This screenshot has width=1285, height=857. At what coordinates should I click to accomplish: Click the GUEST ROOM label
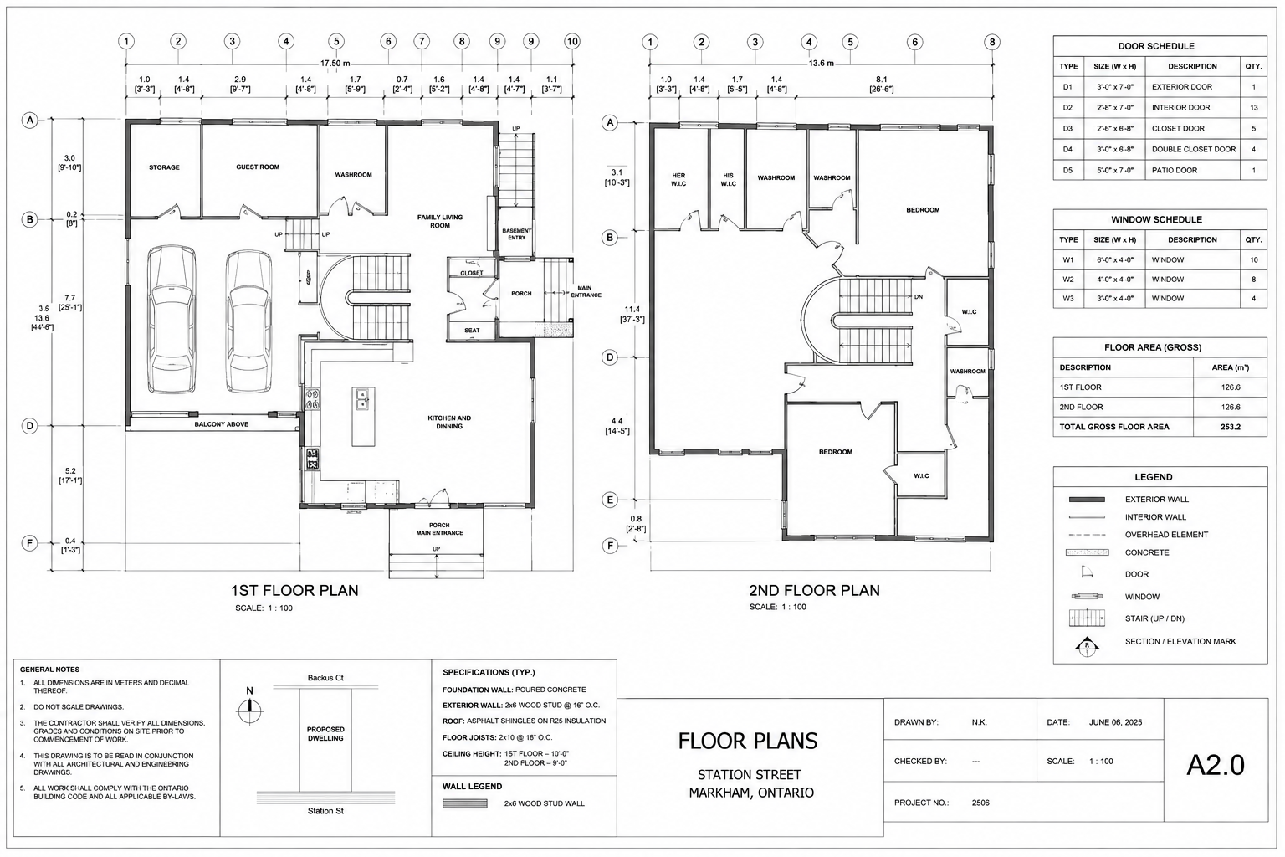[x=258, y=167]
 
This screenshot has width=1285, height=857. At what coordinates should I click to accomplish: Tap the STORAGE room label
[x=164, y=167]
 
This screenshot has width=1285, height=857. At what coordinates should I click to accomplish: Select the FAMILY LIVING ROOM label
[x=440, y=221]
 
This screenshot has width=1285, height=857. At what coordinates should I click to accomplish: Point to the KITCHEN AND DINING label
[x=449, y=422]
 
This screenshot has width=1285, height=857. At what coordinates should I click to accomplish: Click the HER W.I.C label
[x=678, y=180]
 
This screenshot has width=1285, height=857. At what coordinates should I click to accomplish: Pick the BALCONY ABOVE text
[x=222, y=424]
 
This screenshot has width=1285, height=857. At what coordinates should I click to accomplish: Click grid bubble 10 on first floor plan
[x=572, y=41]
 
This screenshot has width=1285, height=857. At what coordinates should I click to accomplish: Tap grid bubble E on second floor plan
[x=610, y=500]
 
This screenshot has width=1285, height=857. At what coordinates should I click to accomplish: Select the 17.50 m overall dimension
[x=335, y=64]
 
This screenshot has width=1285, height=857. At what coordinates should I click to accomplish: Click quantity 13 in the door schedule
[x=1254, y=107]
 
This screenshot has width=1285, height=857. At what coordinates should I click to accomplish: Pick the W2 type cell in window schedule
[x=1068, y=280]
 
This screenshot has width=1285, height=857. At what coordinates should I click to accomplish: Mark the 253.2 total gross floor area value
[x=1231, y=427]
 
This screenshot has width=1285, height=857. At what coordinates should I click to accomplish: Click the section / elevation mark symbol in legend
[x=1087, y=646]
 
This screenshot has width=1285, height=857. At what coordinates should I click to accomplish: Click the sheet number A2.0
[x=1215, y=765]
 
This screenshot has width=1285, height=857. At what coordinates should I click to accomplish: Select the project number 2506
[x=980, y=803]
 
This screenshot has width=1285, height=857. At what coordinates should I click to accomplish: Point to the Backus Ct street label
[x=325, y=678]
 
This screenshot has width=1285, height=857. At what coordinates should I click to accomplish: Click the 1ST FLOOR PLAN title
[x=294, y=591]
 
